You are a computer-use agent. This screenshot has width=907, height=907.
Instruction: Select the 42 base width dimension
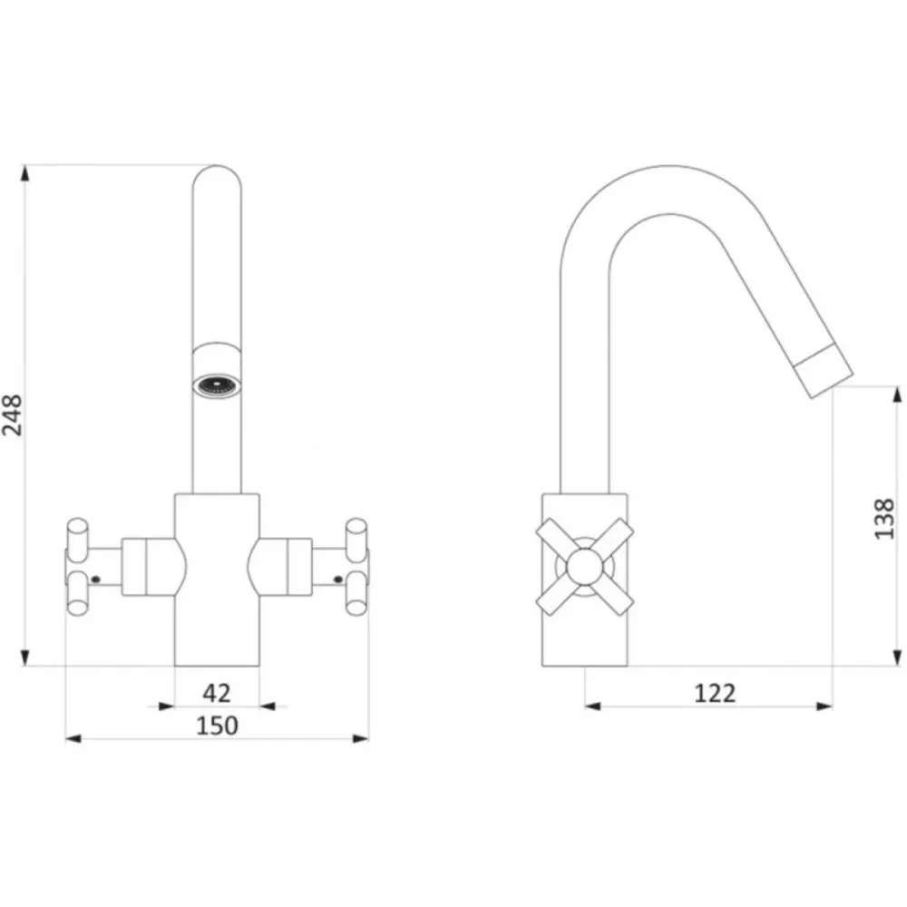click(217, 694)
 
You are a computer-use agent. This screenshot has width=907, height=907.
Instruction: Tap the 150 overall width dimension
click(217, 726)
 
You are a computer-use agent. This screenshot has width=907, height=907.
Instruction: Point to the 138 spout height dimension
click(883, 519)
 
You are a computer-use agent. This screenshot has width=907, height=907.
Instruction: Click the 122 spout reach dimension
click(716, 693)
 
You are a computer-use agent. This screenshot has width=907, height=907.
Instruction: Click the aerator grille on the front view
click(218, 385)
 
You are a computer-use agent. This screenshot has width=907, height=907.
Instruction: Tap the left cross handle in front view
click(78, 566)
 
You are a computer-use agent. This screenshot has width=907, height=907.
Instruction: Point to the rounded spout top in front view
click(218, 177)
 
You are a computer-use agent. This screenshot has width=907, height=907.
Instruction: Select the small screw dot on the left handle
click(96, 579)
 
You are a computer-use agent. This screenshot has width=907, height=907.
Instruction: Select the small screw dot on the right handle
click(338, 579)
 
